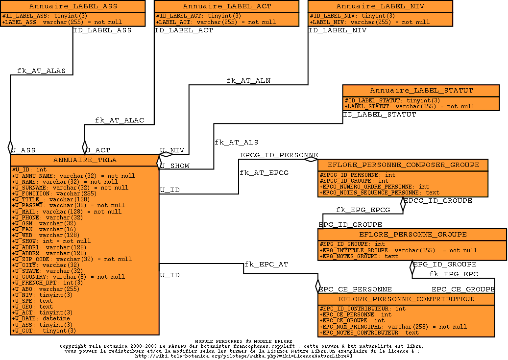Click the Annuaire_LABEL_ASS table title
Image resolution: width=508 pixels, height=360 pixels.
[x=73, y=6]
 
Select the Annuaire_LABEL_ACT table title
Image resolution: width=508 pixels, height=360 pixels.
[x=227, y=6]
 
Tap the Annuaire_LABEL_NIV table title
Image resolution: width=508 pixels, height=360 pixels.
[x=380, y=6]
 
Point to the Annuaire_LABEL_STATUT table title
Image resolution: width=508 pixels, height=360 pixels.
[x=421, y=91]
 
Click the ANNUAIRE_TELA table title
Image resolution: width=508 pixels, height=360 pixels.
[x=85, y=160]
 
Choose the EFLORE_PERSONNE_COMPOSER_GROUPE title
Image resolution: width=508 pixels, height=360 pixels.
[x=403, y=165]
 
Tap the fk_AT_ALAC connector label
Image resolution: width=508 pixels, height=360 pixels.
[x=120, y=120]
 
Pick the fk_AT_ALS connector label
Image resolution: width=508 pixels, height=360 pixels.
[x=236, y=143]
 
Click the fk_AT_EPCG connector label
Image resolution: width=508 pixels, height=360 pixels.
[x=264, y=173]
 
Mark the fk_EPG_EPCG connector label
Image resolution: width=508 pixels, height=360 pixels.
[x=363, y=210]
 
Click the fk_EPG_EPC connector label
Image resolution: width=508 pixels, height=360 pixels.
[x=454, y=274]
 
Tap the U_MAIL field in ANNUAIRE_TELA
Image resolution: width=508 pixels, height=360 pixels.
[x=67, y=212]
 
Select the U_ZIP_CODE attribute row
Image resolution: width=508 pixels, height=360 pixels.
[x=72, y=259]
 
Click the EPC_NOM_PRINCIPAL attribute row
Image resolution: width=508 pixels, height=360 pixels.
[x=393, y=327]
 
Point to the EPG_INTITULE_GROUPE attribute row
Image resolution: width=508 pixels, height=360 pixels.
[x=398, y=250]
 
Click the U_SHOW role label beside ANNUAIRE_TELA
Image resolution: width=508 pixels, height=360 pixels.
[x=175, y=166]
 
